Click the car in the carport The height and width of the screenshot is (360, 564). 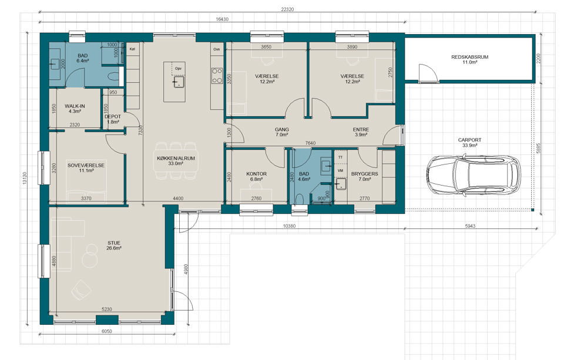click(x=474, y=175)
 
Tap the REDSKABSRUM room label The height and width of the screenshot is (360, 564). click(x=470, y=57)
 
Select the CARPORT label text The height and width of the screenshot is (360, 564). click(x=469, y=140)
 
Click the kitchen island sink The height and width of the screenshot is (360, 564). click(x=179, y=82)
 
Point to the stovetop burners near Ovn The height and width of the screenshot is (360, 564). click(x=217, y=76)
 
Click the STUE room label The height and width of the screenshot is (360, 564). click(x=113, y=243)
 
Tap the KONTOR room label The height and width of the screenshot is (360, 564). click(x=257, y=174)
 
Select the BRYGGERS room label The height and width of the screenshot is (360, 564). click(x=364, y=174)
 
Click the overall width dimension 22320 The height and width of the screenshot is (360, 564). click(x=287, y=10)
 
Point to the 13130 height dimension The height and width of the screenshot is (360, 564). click(x=25, y=178)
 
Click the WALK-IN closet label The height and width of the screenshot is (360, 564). click(x=75, y=106)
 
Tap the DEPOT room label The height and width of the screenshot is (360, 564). click(x=113, y=116)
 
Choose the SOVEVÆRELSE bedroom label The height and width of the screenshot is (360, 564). click(x=86, y=166)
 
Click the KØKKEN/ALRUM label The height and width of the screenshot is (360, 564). click(x=176, y=158)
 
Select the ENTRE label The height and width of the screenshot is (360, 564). click(x=361, y=129)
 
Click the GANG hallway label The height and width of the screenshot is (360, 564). click(x=281, y=129)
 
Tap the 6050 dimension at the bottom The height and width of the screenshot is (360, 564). click(x=107, y=331)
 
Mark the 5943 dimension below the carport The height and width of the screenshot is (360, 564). click(x=470, y=226)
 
